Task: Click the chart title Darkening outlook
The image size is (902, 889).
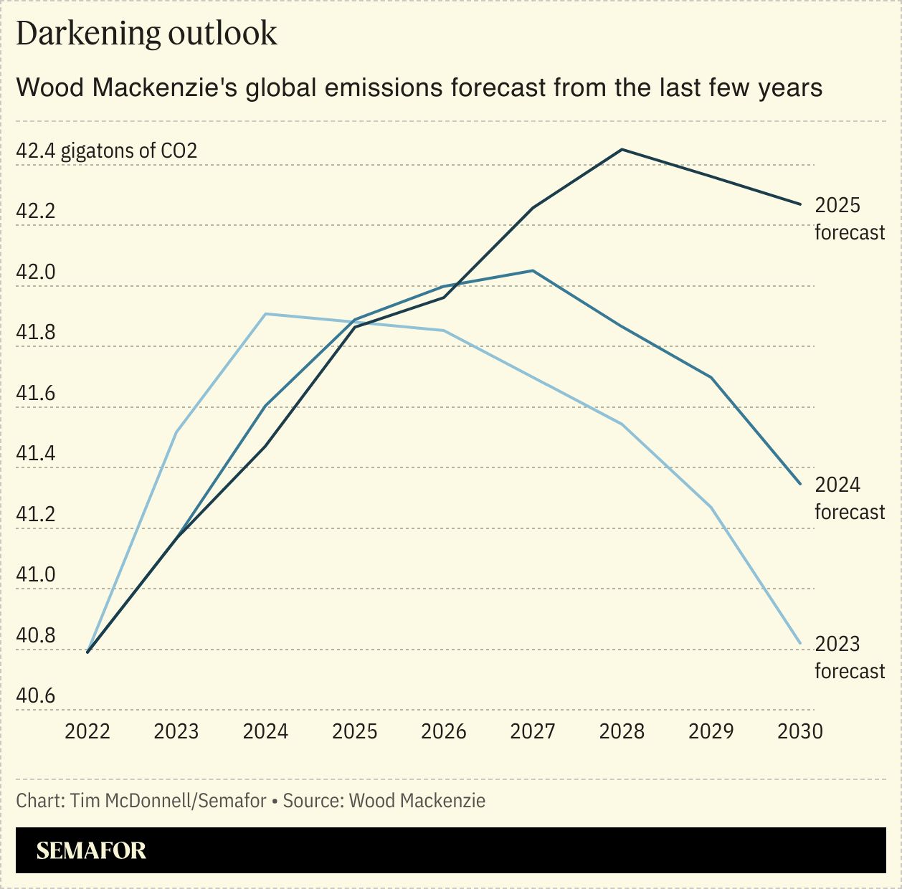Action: click(146, 34)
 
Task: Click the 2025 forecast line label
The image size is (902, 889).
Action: click(849, 219)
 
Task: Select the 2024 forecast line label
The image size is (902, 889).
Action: click(849, 498)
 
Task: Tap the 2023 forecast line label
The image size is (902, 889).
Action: click(849, 657)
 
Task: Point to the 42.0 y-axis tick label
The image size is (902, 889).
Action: click(36, 272)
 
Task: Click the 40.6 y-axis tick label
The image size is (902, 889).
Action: click(36, 696)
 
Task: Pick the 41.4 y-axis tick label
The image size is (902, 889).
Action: click(36, 454)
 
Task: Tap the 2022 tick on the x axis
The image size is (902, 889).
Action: click(87, 731)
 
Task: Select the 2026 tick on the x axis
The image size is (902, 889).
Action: click(443, 731)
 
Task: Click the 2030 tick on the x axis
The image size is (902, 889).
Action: click(799, 731)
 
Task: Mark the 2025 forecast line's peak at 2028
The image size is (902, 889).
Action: click(622, 149)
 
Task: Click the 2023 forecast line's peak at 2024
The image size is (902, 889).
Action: click(265, 313)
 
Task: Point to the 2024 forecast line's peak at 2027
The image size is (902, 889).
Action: click(532, 270)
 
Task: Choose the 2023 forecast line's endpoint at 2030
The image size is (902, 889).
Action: click(800, 643)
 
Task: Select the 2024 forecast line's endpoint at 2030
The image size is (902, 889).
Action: click(800, 484)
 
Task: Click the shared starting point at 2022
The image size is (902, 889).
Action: click(87, 652)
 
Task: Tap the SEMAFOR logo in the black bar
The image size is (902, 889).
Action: click(91, 850)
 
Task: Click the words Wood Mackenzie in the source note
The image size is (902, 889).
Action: click(417, 801)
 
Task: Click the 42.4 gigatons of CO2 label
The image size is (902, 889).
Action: click(106, 151)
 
